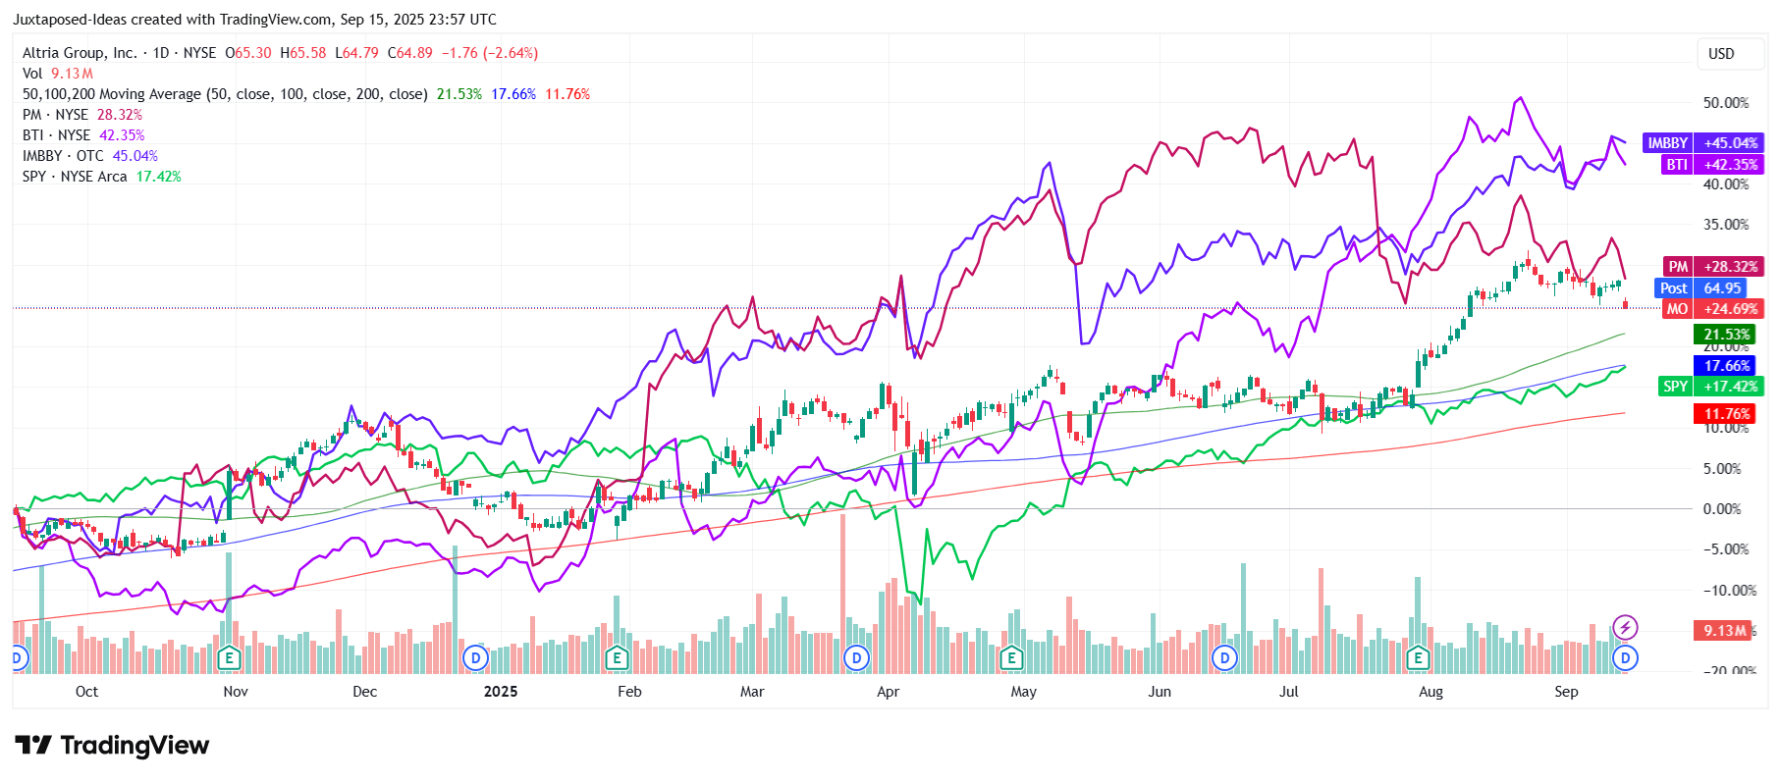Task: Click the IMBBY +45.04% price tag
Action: (1701, 143)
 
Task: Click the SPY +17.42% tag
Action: (1711, 387)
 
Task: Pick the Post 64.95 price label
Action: (1700, 288)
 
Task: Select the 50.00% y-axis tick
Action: (1725, 103)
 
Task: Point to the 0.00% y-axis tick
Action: (1722, 509)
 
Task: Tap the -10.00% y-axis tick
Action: (1729, 591)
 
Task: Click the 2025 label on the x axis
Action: (501, 692)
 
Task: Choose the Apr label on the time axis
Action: (888, 692)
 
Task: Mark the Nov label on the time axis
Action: (236, 692)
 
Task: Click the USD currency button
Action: (1721, 54)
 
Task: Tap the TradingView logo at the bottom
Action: (112, 746)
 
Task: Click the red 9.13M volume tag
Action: (1724, 631)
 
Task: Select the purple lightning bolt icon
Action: (1625, 627)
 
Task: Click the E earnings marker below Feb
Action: (617, 657)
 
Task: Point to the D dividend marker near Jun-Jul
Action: (1224, 657)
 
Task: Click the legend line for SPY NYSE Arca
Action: (101, 177)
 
